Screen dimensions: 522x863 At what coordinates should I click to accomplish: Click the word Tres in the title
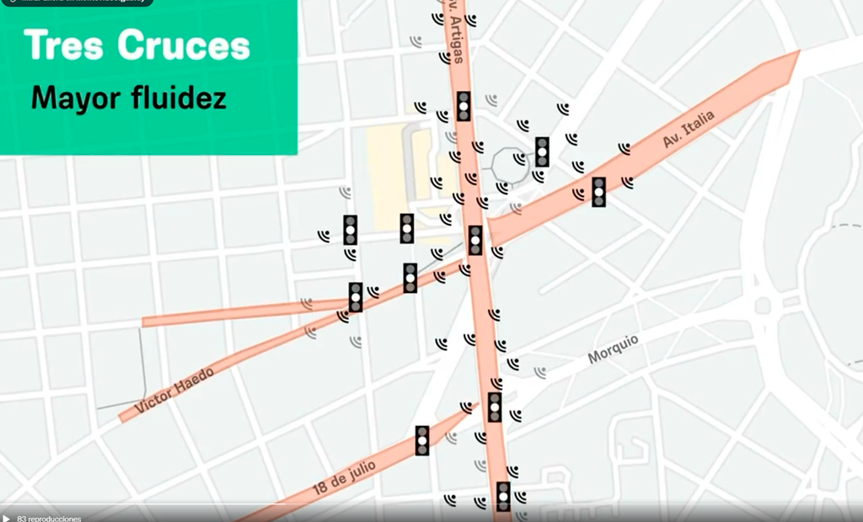coord(66,45)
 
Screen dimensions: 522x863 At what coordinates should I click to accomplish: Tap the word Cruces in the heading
coord(184,45)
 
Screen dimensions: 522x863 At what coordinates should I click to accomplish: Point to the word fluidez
coord(179,98)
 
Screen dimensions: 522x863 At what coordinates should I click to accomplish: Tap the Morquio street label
coord(613,349)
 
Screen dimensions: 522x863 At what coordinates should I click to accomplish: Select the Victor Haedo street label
coord(174,389)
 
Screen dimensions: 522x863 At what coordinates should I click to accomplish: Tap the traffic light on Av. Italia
coord(598,192)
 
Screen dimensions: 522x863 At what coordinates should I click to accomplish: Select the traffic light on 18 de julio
coord(422,440)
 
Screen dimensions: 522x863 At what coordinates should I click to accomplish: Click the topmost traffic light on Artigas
coord(464,106)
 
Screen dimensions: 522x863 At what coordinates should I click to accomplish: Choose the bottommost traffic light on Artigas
coord(503,496)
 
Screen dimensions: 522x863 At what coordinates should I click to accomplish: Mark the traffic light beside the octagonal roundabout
coord(542,152)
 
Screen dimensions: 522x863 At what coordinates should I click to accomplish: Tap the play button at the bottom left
coord(7,518)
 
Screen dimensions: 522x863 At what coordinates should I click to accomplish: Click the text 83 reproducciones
coord(49,518)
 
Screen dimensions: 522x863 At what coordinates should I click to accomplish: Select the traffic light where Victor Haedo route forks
coord(356,297)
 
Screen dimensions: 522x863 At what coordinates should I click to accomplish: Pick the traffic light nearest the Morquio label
coord(495,407)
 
